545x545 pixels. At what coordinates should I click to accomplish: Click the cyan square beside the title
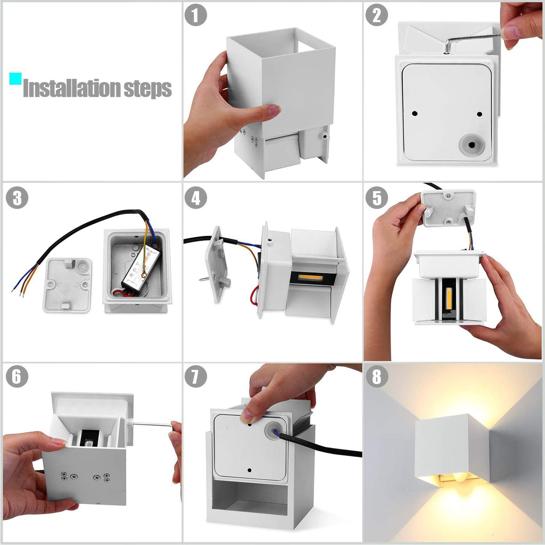[15, 79]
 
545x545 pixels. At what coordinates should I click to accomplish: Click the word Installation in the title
[72, 89]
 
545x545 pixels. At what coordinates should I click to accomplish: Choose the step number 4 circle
[195, 198]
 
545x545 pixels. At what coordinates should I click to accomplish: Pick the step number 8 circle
[376, 377]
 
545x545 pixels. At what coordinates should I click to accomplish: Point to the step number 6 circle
[16, 377]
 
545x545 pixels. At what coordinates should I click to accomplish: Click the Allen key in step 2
[468, 39]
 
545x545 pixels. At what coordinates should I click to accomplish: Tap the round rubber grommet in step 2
[472, 144]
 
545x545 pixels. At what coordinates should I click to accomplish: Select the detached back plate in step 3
[67, 285]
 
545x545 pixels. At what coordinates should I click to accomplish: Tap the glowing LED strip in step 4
[310, 278]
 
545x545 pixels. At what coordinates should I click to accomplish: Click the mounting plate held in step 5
[448, 208]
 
